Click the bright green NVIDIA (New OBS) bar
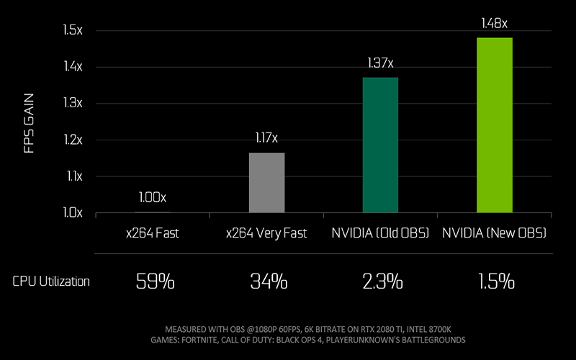pos(495,125)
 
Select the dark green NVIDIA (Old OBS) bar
pos(380,145)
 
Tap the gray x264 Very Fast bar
pos(266,182)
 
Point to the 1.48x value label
pos(495,24)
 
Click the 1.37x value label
pos(380,63)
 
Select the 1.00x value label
pos(153,196)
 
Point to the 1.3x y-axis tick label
pos(73,103)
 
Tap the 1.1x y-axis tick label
pos(73,176)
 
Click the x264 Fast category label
pos(153,233)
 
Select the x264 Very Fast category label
pos(266,233)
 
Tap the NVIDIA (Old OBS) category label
pos(380,233)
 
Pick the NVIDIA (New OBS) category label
pos(495,233)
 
